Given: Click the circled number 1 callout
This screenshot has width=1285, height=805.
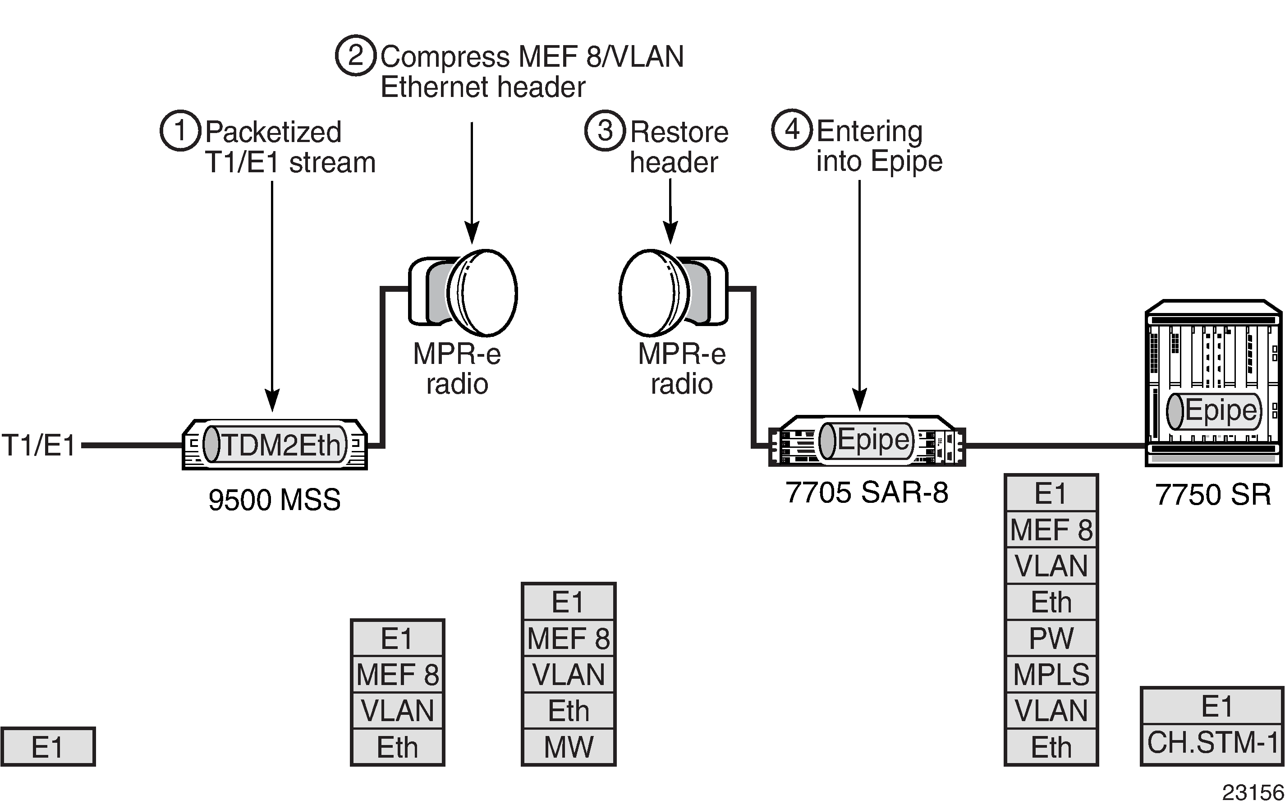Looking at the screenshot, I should (x=180, y=130).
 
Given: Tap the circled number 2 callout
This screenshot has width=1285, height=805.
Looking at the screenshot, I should (x=356, y=55).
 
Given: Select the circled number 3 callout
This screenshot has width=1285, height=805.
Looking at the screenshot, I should (x=605, y=130).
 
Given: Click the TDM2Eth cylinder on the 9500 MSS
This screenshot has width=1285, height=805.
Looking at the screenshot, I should (x=275, y=444).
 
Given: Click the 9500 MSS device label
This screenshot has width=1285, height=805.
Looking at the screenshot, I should (x=274, y=500).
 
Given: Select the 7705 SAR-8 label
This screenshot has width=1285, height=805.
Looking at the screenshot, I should (x=867, y=492).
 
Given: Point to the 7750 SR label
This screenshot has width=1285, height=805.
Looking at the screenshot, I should (x=1212, y=495).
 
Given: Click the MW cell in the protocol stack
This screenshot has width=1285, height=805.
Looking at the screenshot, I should (x=569, y=747).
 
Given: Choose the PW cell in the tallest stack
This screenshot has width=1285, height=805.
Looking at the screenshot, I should (x=1051, y=638).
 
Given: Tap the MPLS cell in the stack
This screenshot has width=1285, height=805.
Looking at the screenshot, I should (x=1051, y=675).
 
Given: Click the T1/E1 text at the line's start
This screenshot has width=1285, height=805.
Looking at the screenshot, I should (x=39, y=445).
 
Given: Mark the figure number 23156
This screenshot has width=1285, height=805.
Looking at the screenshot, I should (x=1253, y=793).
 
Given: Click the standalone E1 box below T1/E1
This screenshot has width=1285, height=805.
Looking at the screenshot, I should (x=48, y=747).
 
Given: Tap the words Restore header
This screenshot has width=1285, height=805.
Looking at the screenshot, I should (x=679, y=147).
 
